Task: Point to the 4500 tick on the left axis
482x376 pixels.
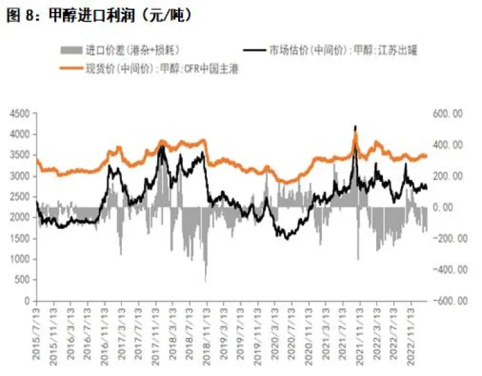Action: pos(19,114)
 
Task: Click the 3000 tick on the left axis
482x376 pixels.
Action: pos(19,176)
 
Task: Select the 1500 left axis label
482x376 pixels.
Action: pos(19,239)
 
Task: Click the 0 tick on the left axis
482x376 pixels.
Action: pos(27,301)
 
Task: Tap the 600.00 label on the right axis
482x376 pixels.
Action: pos(448,114)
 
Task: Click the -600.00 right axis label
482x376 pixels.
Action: pos(447,301)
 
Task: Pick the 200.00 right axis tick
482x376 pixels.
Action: pos(448,176)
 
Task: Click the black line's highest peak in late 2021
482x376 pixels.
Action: pos(355,126)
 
